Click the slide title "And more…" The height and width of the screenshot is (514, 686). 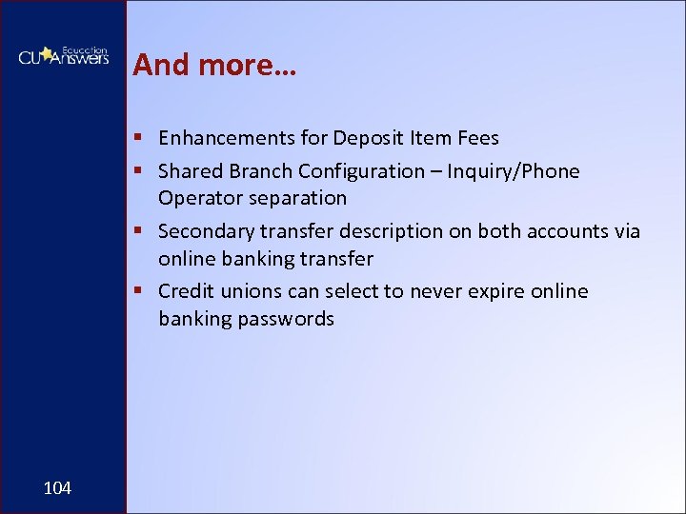(x=214, y=65)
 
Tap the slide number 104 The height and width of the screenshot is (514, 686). (x=57, y=488)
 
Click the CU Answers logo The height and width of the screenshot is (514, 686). (x=63, y=55)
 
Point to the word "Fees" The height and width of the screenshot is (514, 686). (x=479, y=138)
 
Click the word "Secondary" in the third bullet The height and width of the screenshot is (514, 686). (x=202, y=231)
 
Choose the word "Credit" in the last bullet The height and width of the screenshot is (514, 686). (x=186, y=291)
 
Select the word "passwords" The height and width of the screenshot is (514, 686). (x=287, y=319)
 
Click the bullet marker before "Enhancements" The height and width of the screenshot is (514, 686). (x=139, y=139)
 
